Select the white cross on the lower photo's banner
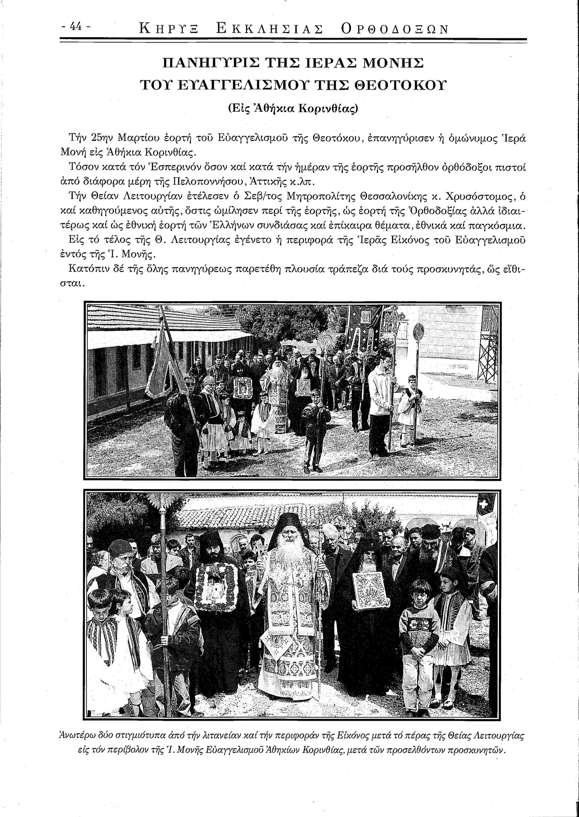point(484,504)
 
